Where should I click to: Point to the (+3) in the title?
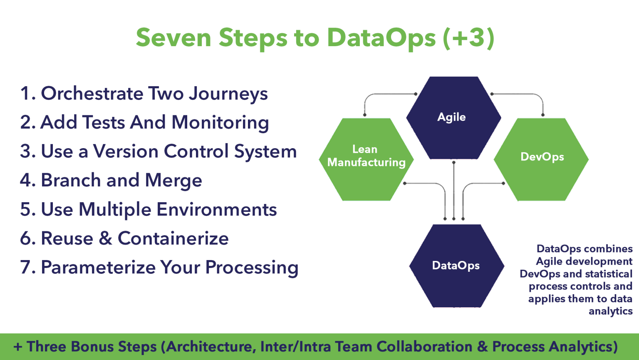(468, 38)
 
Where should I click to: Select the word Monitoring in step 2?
(220, 123)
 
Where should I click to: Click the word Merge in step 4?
(173, 181)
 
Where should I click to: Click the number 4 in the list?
(25, 181)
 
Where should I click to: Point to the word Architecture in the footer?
(211, 347)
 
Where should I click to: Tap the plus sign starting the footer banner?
(18, 347)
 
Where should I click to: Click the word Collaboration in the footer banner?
(424, 347)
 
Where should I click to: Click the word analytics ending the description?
(610, 311)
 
